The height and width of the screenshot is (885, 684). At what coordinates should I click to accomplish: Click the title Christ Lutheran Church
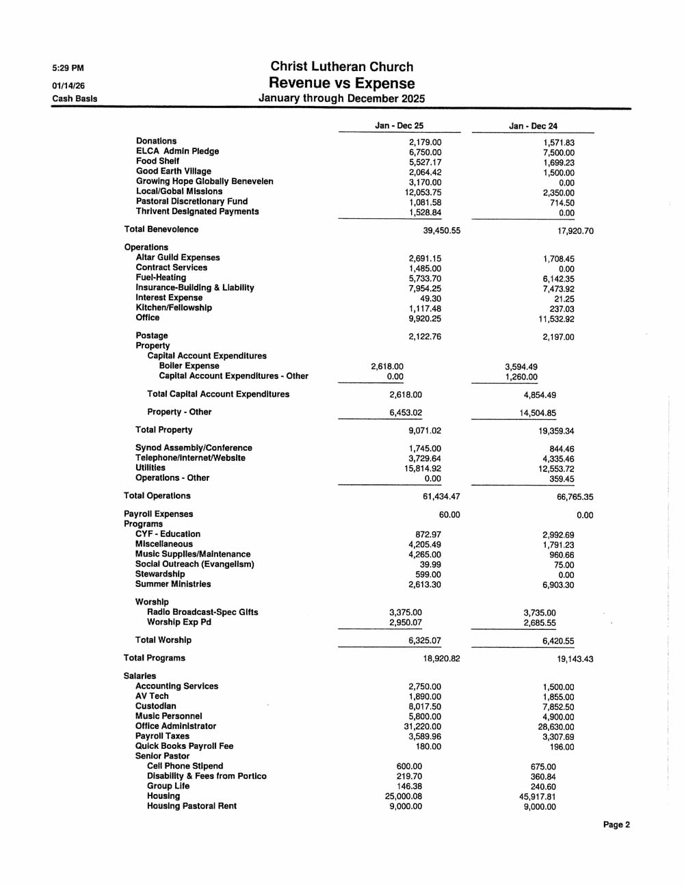[341, 67]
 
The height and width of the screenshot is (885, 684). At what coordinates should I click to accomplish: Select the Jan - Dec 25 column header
[399, 126]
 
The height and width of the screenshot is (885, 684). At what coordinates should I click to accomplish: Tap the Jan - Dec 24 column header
[533, 126]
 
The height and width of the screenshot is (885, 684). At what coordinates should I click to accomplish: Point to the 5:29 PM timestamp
[68, 68]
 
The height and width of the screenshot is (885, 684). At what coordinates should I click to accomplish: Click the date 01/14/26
[68, 85]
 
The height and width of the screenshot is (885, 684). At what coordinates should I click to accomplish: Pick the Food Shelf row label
[157, 161]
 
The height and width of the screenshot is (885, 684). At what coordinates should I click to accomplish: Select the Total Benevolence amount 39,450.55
[441, 230]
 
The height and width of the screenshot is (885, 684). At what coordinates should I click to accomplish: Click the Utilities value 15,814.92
[423, 468]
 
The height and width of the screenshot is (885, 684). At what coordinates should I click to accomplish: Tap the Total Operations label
[157, 496]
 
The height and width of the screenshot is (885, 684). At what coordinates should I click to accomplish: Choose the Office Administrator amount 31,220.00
[423, 726]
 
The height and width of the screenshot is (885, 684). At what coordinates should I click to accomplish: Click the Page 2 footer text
[616, 825]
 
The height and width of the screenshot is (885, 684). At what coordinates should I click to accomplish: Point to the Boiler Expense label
[189, 366]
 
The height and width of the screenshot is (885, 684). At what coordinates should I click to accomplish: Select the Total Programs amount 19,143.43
[575, 659]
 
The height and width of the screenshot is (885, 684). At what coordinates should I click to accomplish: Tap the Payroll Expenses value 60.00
[449, 515]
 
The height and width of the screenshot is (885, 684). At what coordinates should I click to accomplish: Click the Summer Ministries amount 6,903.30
[558, 585]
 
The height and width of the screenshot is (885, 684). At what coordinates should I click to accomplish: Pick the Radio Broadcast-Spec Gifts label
[202, 612]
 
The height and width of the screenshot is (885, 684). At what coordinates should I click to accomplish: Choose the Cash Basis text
[75, 98]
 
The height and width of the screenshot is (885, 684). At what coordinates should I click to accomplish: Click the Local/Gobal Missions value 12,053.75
[423, 193]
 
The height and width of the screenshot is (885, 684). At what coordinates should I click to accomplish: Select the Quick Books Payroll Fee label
[184, 746]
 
